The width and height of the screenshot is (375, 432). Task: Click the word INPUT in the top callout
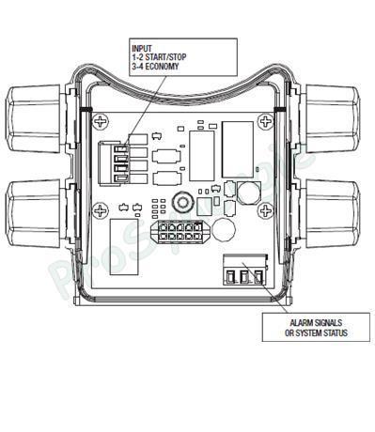tap(143, 47)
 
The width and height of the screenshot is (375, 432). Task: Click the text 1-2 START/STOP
tap(161, 56)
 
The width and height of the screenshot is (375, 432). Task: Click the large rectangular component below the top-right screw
tap(239, 146)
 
